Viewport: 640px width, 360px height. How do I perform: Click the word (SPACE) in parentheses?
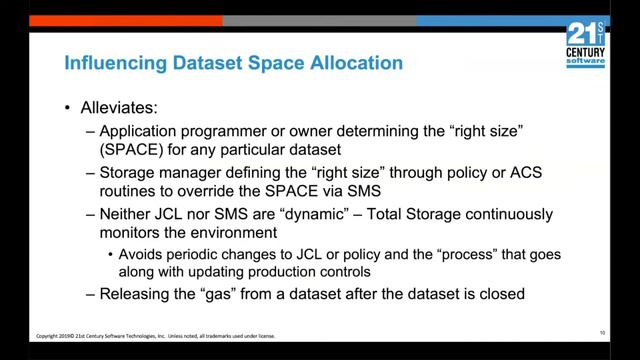point(128,151)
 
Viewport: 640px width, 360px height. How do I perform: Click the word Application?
point(139,131)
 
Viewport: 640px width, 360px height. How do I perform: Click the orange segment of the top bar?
point(110,20)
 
